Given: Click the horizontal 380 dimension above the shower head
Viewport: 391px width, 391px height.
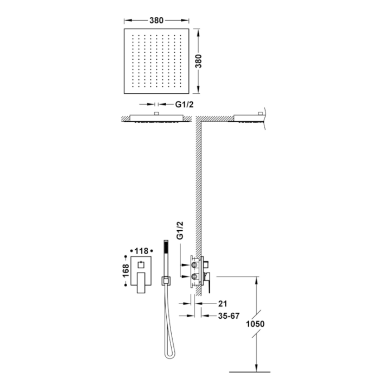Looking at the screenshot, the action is coord(156,21).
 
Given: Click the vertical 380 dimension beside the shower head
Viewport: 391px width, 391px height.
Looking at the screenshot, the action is coord(199,61).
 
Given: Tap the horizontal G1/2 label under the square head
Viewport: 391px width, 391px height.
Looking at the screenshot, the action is coord(184,104).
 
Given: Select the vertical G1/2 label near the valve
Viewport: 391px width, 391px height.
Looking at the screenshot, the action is coord(180,230).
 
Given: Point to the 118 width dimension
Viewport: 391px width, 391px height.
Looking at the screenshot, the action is coord(141,251).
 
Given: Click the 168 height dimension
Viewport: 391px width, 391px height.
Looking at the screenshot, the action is coord(125,270).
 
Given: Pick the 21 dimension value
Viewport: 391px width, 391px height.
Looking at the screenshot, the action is coord(223,304).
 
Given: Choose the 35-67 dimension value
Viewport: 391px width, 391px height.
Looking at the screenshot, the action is coord(229,316).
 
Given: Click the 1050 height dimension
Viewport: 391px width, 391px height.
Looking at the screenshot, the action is coord(255,324).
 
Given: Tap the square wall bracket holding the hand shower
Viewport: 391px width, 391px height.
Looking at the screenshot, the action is coord(166,281).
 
